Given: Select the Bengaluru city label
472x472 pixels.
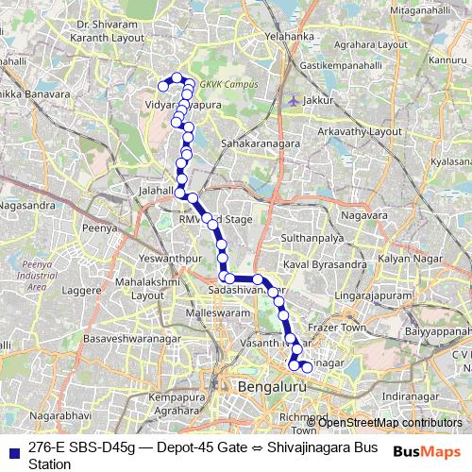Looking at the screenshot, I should pyautogui.click(x=274, y=387).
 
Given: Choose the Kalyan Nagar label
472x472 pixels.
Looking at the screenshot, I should pyautogui.click(x=404, y=258).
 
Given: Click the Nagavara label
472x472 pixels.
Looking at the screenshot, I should pyautogui.click(x=368, y=216).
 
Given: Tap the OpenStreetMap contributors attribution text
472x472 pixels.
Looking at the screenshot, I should pyautogui.click(x=389, y=422).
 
